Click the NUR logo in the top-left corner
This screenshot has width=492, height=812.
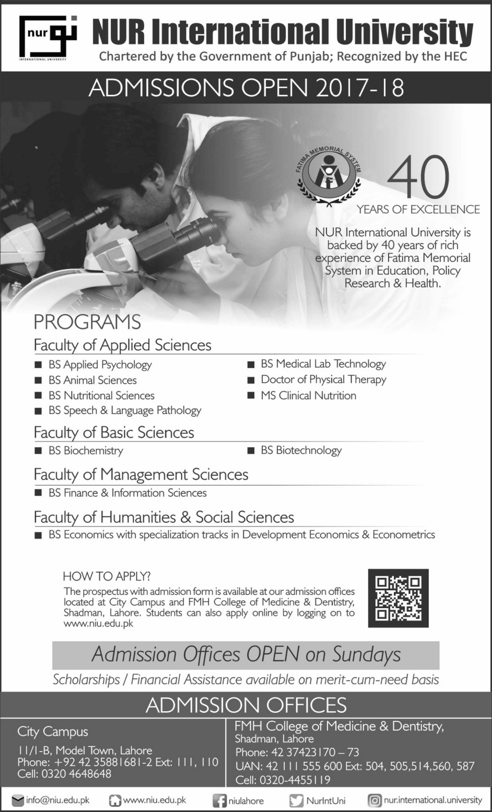pyautogui.click(x=47, y=38)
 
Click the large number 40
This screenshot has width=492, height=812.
pyautogui.click(x=418, y=177)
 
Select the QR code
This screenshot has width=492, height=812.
pyautogui.click(x=398, y=598)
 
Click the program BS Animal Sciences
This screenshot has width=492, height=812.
pyautogui.click(x=92, y=380)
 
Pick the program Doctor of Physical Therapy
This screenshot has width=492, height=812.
pyautogui.click(x=323, y=379)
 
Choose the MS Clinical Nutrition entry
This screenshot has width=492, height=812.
pyautogui.click(x=308, y=395)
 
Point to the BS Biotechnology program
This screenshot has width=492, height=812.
pyautogui.click(x=301, y=450)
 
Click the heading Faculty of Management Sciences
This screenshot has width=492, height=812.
pyautogui.click(x=141, y=475)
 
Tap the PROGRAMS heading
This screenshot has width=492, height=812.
pyautogui.click(x=87, y=322)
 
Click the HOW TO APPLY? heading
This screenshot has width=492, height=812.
pyautogui.click(x=106, y=576)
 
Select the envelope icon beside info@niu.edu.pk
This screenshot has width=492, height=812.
pyautogui.click(x=18, y=800)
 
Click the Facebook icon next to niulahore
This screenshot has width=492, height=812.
pyautogui.click(x=219, y=800)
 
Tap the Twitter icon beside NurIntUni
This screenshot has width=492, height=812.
pyautogui.click(x=296, y=800)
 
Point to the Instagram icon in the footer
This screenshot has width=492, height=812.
pyautogui.click(x=375, y=800)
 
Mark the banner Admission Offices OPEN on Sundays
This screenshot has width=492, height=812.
pyautogui.click(x=246, y=655)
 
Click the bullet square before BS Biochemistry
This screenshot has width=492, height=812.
pyautogui.click(x=38, y=451)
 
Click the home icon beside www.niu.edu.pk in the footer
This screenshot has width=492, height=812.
pyautogui.click(x=115, y=800)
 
